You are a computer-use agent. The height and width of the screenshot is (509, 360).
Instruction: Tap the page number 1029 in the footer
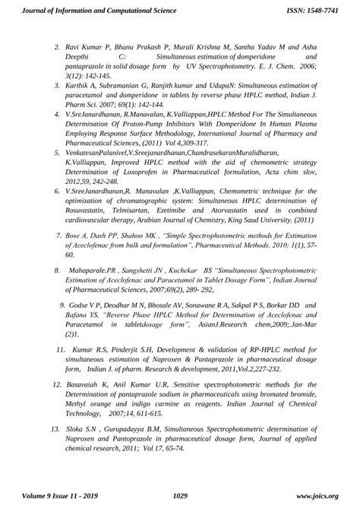180,496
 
